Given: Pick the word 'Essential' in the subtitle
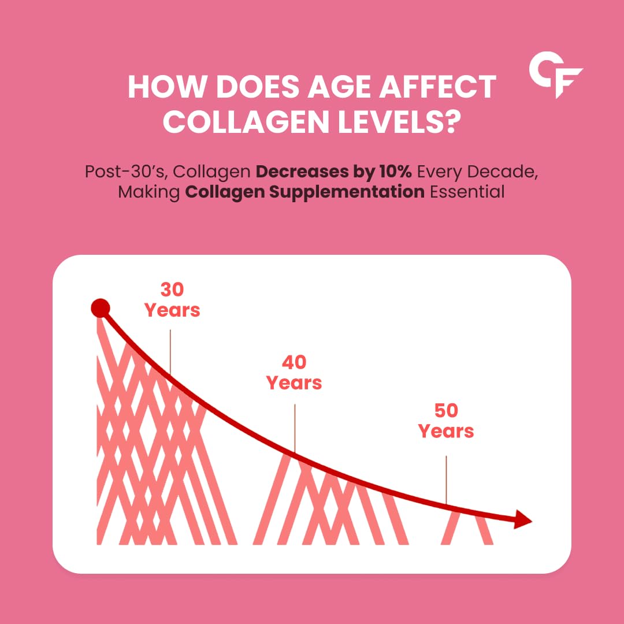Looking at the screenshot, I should (468, 192).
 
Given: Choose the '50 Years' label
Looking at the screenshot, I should (446, 421).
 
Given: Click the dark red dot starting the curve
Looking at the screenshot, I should (100, 309).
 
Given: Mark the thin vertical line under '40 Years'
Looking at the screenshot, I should (295, 428).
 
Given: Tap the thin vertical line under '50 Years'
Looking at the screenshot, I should (446, 480).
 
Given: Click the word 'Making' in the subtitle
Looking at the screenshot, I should (150, 192).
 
